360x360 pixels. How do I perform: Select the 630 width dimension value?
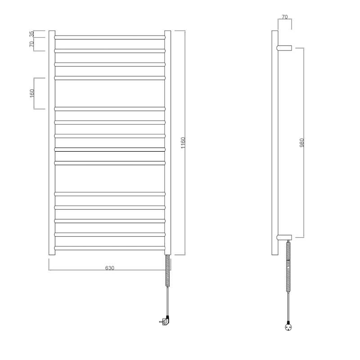109,268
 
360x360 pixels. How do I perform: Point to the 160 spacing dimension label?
32,93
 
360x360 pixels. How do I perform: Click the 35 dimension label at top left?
31,34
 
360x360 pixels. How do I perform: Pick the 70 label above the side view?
284,17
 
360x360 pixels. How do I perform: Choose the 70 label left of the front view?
31,44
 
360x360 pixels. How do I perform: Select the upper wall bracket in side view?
285,48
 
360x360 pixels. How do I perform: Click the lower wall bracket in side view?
285,237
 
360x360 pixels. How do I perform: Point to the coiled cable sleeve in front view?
168,270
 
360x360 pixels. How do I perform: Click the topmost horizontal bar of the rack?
110,36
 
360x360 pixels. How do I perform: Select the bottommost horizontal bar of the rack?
110,248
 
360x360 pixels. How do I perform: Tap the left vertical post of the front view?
52,143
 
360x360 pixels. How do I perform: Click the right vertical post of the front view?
168,143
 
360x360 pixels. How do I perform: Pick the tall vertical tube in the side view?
275,143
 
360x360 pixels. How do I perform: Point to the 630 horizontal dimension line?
81,270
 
